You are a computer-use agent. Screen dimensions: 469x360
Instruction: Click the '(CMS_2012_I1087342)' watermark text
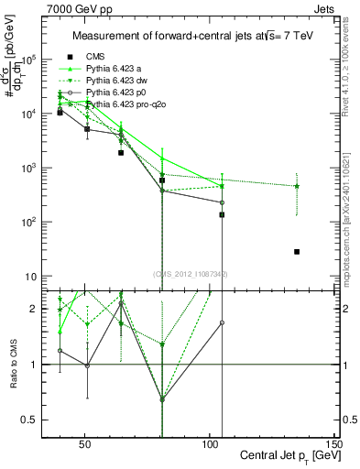pyautogui.click(x=191, y=274)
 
